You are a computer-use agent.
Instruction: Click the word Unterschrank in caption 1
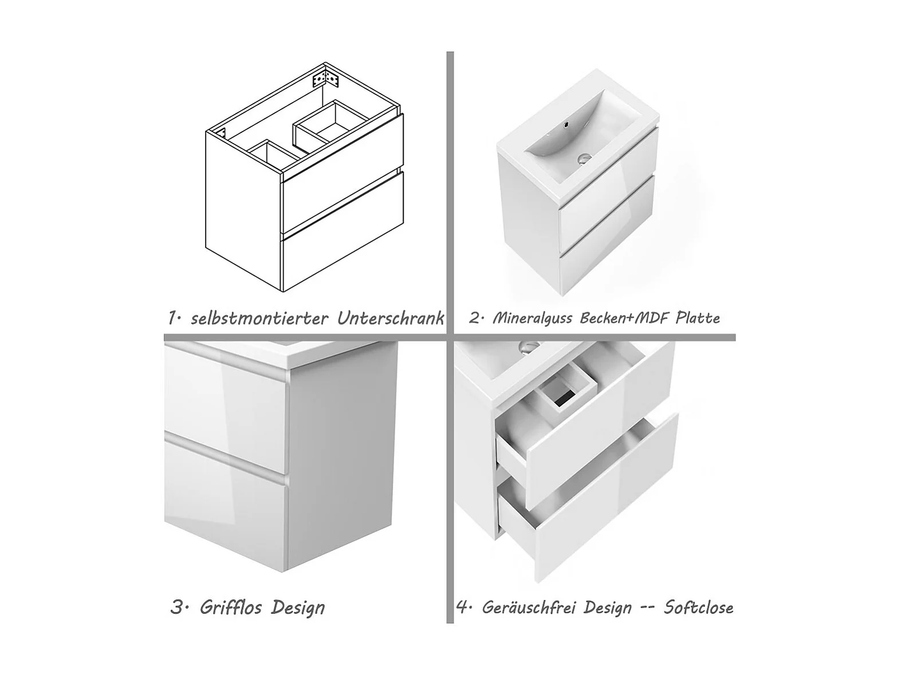391,318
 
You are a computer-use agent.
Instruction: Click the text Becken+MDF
624,318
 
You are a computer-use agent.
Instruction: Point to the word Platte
698,318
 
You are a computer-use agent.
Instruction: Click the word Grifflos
231,608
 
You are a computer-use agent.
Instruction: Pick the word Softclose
698,607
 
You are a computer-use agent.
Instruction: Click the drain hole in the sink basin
584,158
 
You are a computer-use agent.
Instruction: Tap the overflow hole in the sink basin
567,123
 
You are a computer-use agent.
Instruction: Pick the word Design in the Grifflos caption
298,608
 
